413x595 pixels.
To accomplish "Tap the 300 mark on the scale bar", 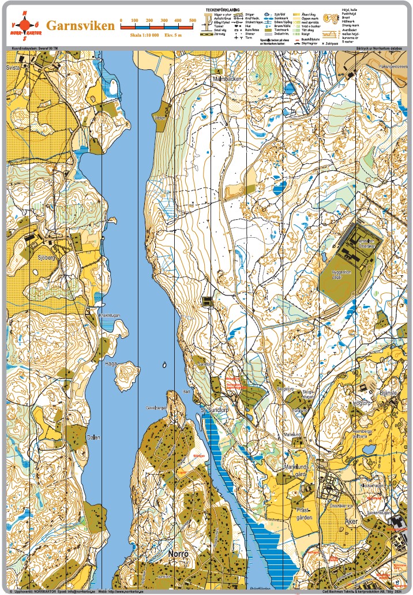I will (x=164, y=21).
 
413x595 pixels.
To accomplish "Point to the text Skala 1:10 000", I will (x=143, y=35).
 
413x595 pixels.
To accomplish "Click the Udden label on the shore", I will (x=159, y=117).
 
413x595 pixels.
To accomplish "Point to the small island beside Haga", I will (x=126, y=376).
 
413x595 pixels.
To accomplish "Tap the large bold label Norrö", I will (x=178, y=553).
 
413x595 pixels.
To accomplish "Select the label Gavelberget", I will (x=156, y=407).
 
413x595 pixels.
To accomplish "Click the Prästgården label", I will (x=303, y=514).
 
